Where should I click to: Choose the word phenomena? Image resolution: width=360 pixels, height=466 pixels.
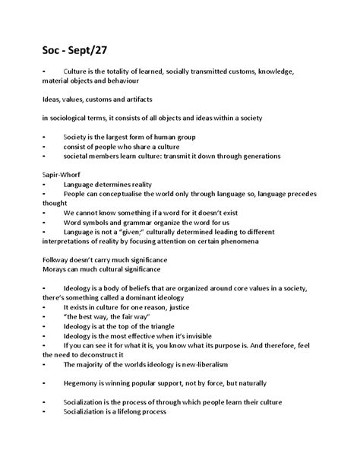[x=235, y=241]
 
